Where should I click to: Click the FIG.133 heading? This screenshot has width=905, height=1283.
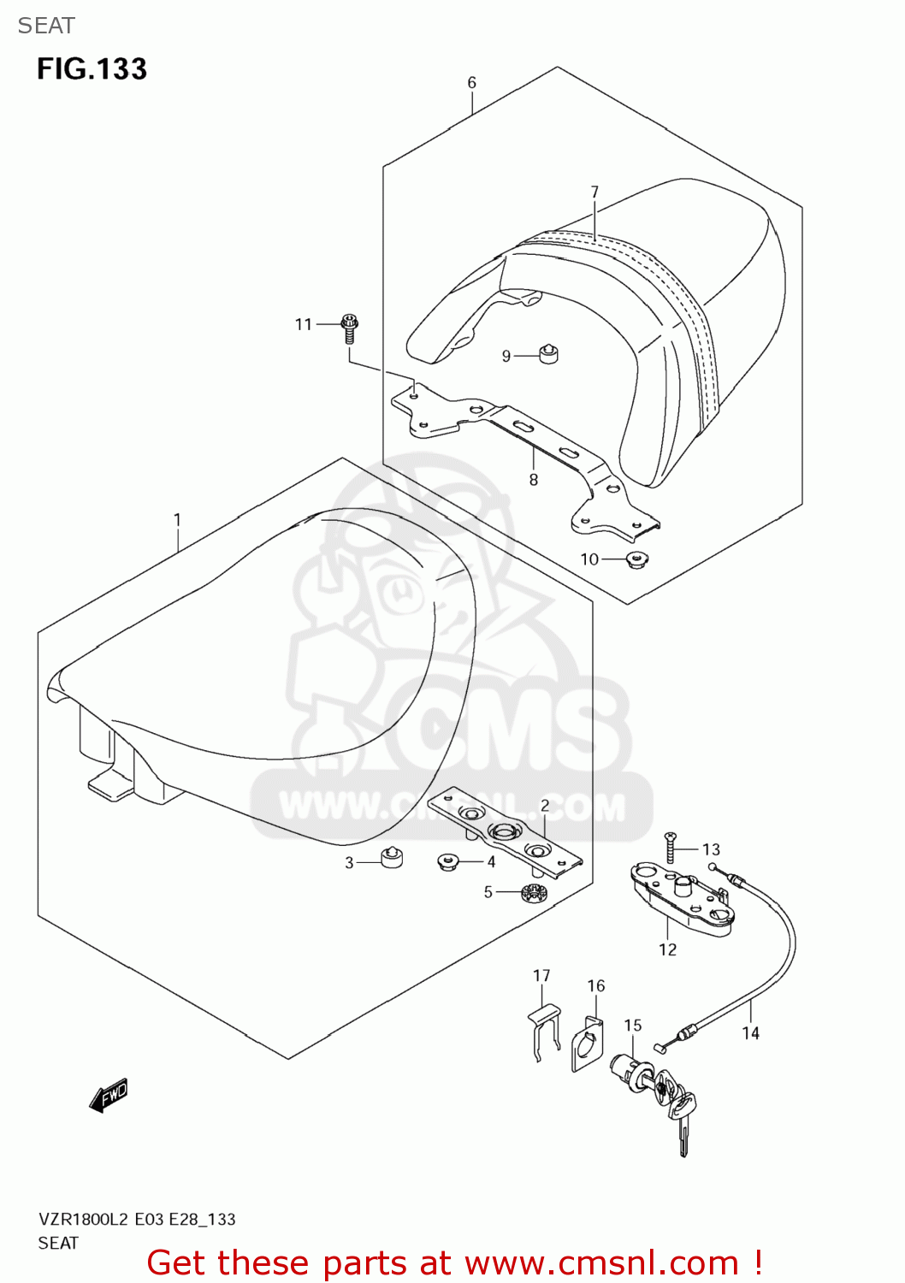tap(92, 69)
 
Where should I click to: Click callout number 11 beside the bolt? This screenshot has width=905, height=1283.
tap(304, 324)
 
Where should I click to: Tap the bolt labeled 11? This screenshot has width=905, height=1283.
tap(349, 327)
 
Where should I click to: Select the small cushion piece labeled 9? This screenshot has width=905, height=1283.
tap(547, 352)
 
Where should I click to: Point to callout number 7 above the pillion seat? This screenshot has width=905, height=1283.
tap(594, 192)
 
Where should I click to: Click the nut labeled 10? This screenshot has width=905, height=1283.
tap(636, 561)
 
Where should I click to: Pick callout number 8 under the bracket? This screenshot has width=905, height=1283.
tap(534, 480)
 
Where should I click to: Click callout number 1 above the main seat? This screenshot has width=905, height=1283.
tap(177, 520)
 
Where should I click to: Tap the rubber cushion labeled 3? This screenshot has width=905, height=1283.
tap(392, 857)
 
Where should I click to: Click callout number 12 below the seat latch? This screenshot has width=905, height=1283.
tap(667, 949)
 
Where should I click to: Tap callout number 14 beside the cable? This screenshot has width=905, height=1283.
tap(750, 1033)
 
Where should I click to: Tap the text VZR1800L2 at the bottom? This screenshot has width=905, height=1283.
tap(83, 1220)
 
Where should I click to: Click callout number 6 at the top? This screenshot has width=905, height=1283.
tap(471, 83)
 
